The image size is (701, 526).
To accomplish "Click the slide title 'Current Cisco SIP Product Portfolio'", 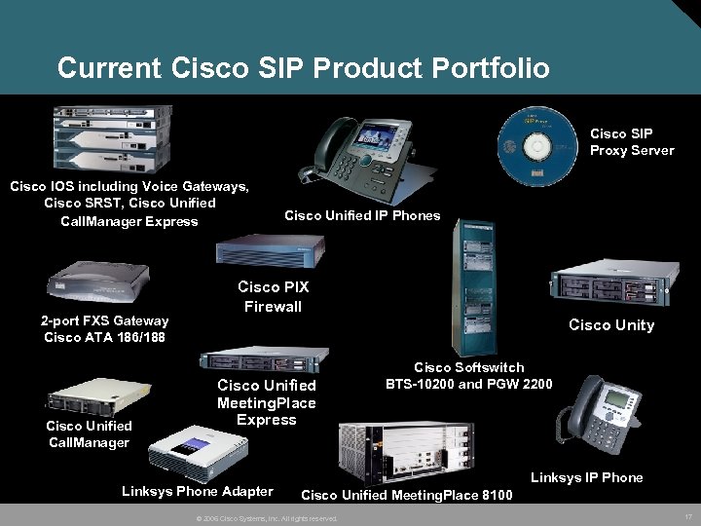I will [303, 68].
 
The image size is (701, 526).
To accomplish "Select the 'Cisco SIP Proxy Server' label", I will [631, 142].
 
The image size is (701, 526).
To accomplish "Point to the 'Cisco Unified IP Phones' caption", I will [362, 215].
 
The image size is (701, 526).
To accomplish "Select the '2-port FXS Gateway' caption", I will [104, 320].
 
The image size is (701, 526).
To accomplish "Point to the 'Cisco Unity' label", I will [611, 325].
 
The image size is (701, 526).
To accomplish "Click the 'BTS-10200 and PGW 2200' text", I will [469, 384].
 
